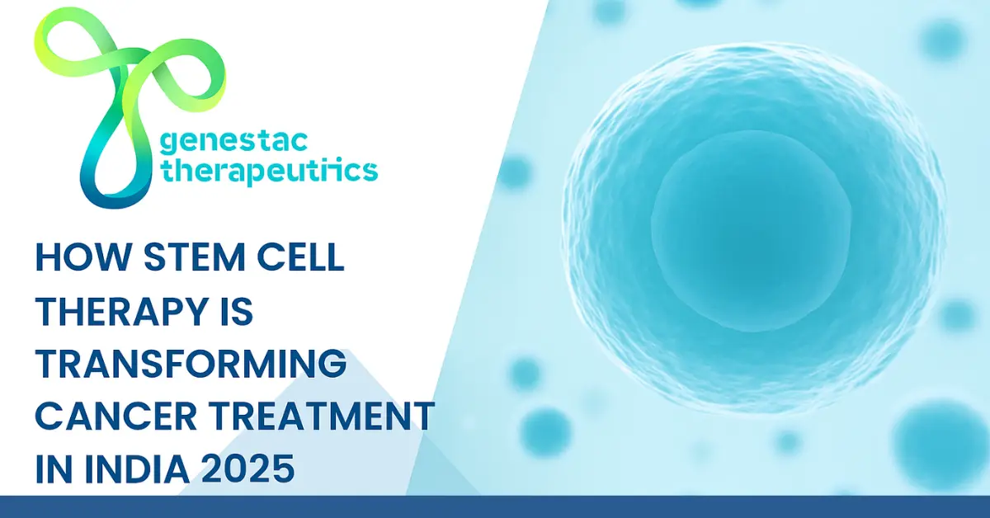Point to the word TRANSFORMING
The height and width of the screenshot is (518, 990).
pyautogui.click(x=190, y=365)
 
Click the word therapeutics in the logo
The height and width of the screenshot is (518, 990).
pyautogui.click(x=268, y=172)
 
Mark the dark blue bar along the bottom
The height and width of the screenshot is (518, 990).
pyautogui.click(x=495, y=506)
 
